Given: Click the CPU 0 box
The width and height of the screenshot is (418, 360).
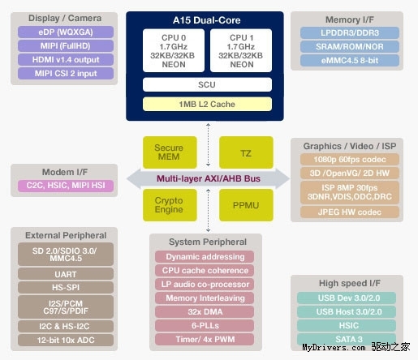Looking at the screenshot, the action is click(174, 50).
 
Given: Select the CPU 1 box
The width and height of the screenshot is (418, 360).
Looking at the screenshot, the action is click(241, 50).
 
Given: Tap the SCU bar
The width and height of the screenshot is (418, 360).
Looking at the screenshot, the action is click(207, 84).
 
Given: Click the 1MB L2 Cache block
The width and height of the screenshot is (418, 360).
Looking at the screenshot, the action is click(207, 104).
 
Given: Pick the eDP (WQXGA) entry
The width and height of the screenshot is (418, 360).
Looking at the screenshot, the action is click(66, 32).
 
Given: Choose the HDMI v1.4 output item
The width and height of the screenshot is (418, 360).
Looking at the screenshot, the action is click(66, 60).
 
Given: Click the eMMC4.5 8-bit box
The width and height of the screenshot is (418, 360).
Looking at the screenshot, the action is click(350, 60).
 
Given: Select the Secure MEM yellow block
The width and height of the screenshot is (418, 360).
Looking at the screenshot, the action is click(170, 152).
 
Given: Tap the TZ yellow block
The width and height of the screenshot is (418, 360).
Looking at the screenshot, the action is click(246, 152).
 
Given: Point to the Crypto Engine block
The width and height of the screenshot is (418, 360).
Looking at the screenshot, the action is click(170, 205).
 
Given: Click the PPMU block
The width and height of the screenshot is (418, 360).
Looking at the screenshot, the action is click(246, 205).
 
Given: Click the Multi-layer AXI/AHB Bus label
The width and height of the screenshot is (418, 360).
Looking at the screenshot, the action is click(209, 178).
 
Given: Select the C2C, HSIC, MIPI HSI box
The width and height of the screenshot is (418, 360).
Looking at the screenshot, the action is click(66, 186).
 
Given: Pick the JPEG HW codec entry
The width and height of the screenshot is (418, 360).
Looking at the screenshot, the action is click(350, 212).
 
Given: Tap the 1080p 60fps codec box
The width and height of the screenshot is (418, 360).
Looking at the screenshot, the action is click(350, 160).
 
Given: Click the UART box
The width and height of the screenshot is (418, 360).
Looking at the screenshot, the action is click(66, 274).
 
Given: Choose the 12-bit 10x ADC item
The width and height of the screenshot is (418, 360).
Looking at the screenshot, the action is click(66, 340).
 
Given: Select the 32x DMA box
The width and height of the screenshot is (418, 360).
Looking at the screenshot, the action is click(205, 311).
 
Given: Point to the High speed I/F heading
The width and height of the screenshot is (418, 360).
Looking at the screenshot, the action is click(350, 283).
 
